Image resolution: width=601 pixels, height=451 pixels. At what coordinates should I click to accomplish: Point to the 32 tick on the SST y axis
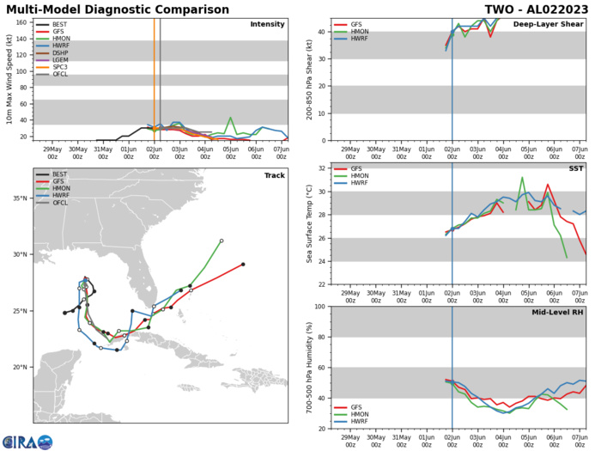pyautogui.click(x=326, y=167)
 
